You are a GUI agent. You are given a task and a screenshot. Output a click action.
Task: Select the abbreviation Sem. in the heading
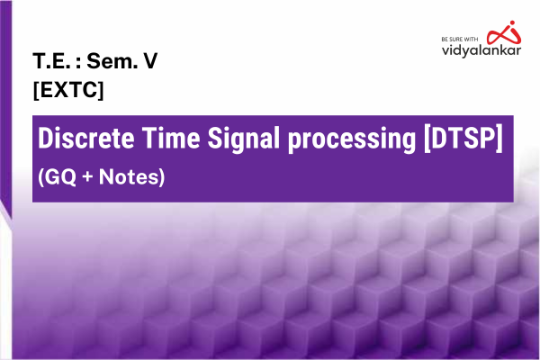109,64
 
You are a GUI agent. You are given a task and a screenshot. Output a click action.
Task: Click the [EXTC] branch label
67,90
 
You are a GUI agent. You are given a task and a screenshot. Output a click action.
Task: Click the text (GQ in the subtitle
56,177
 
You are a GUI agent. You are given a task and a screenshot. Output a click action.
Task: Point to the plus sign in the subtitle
89,177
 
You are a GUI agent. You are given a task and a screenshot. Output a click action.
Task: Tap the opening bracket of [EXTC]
35,90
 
